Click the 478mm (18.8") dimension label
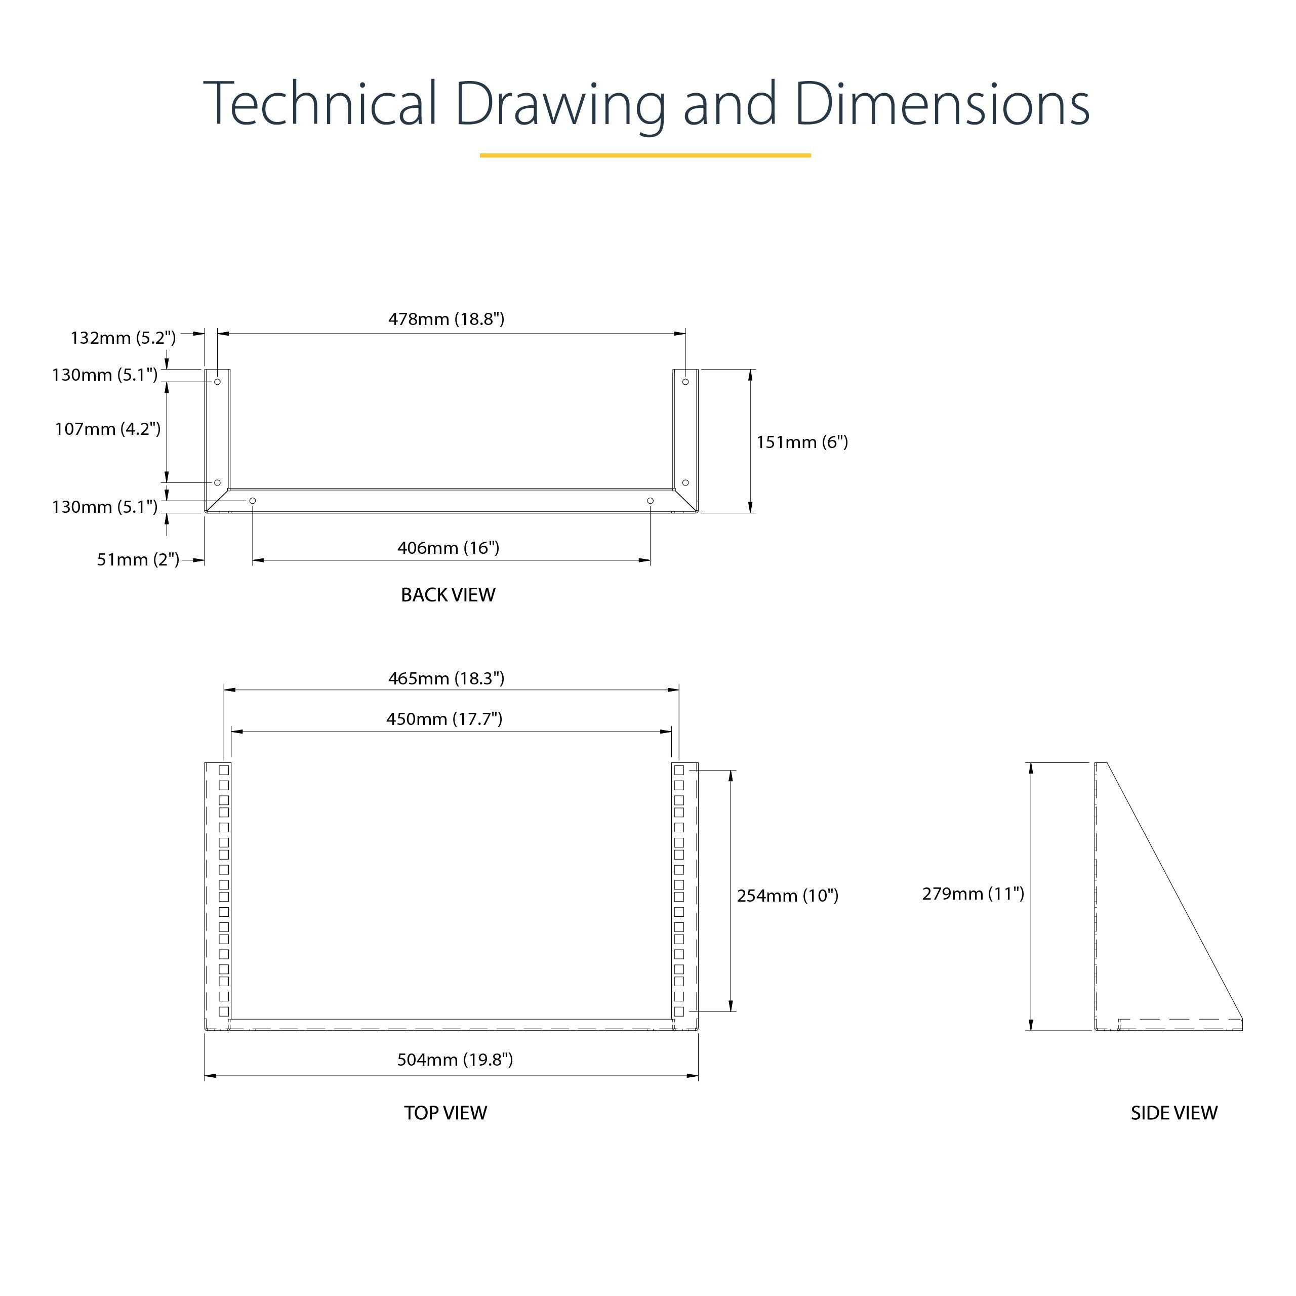[446, 319]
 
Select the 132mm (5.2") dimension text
[123, 338]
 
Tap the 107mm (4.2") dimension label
[107, 429]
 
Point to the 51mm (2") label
[138, 559]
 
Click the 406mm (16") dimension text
[448, 548]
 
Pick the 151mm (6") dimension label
[802, 442]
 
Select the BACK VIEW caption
[448, 595]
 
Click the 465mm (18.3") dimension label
[446, 679]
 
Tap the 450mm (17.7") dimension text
[444, 719]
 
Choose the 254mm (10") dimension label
[788, 896]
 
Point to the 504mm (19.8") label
[455, 1060]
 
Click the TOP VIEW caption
[445, 1113]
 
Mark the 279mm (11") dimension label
[973, 894]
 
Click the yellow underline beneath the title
[645, 155]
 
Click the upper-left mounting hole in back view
[217, 382]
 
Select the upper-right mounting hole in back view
[685, 382]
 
